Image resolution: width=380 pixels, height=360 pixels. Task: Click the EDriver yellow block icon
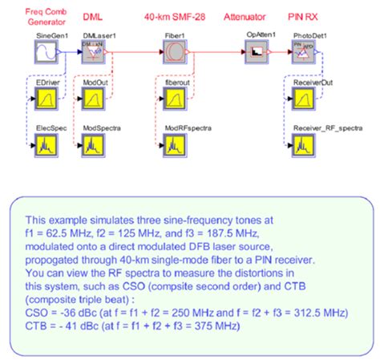(x=45, y=99)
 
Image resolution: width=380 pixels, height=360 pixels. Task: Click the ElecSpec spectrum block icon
(x=45, y=145)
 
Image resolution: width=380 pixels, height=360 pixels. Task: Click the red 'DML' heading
(x=94, y=16)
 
